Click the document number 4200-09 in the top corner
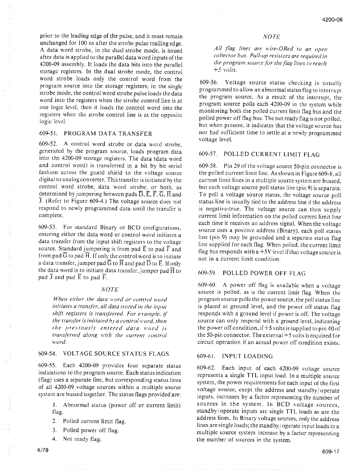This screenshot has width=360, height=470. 332,20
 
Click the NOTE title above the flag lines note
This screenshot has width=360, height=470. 271,37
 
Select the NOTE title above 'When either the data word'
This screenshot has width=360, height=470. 110,289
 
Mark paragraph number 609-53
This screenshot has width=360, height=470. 47,227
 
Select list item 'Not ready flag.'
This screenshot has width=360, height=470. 82,439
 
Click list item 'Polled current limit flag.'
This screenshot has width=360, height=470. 94,421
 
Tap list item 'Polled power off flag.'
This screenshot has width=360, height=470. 91,430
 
